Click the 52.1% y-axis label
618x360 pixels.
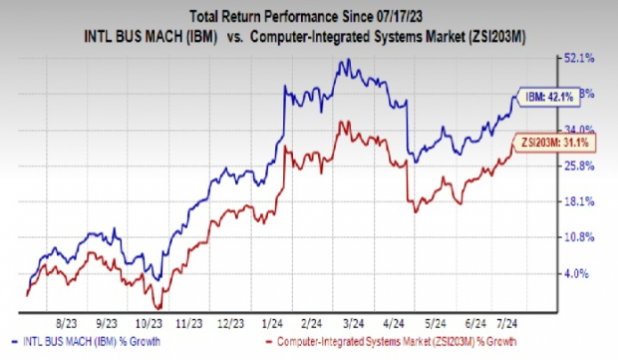(x=580, y=58)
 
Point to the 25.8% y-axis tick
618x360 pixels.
(x=580, y=166)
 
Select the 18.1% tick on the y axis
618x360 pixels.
(x=580, y=201)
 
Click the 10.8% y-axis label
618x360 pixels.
(x=580, y=237)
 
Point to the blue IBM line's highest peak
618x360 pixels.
(x=345, y=60)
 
